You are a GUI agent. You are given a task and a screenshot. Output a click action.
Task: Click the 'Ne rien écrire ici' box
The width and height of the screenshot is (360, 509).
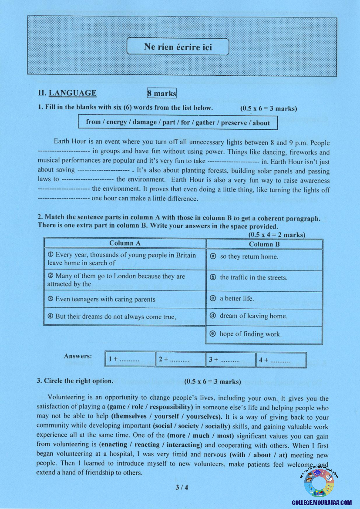(178, 47)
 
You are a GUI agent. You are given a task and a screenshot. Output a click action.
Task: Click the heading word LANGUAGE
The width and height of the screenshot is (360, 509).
(73, 93)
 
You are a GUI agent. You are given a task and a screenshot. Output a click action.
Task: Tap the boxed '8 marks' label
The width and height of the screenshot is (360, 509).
(161, 93)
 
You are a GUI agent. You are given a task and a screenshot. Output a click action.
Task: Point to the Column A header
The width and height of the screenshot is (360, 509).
(125, 243)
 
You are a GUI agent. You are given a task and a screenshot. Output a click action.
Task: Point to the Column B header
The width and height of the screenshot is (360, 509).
(264, 244)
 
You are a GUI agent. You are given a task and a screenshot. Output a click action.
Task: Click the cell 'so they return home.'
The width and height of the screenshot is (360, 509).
(264, 257)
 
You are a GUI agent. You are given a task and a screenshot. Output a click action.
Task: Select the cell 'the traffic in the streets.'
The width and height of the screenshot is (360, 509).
(264, 277)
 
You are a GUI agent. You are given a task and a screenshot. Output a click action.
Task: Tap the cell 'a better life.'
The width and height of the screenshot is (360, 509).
(264, 299)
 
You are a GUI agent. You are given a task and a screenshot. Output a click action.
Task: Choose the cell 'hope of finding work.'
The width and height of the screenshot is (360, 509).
(264, 334)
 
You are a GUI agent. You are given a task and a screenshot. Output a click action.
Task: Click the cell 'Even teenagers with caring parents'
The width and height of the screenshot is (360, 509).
(125, 299)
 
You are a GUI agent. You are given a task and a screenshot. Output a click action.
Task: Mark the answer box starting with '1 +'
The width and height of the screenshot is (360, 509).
(130, 360)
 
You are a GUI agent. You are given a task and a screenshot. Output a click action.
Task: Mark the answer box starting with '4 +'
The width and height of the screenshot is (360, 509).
(281, 360)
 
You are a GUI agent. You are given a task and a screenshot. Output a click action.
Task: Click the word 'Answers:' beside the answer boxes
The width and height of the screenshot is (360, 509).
(78, 356)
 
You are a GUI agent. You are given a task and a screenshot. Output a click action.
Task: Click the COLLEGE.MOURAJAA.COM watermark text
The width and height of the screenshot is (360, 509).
(322, 502)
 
